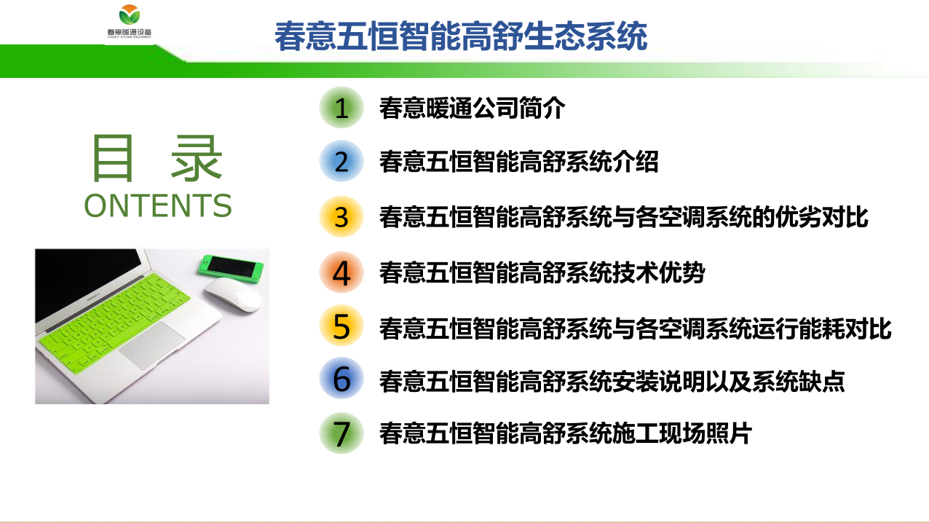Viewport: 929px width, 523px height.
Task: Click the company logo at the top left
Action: [x=130, y=22]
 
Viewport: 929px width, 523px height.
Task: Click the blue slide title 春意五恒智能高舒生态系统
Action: [x=461, y=36]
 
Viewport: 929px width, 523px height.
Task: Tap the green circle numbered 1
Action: [x=341, y=108]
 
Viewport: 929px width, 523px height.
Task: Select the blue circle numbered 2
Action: [x=341, y=161]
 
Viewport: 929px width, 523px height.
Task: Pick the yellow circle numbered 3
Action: [x=341, y=216]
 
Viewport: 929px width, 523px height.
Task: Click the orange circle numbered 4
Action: [x=341, y=272]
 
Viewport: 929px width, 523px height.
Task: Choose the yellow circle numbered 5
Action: [x=341, y=326]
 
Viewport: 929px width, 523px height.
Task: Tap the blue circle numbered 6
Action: [x=341, y=378]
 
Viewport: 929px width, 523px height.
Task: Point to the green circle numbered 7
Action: [x=341, y=433]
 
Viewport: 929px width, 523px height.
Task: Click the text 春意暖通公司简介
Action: [x=472, y=108]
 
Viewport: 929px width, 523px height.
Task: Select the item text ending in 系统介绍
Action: [x=518, y=162]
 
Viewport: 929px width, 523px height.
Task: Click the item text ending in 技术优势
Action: [x=542, y=272]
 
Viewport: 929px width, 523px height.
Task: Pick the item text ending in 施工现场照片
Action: [x=565, y=433]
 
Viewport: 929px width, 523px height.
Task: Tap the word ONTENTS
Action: [x=157, y=205]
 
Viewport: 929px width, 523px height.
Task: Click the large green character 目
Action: [x=113, y=158]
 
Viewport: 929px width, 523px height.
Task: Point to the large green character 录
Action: [x=196, y=158]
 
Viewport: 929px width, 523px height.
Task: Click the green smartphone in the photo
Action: [x=231, y=268]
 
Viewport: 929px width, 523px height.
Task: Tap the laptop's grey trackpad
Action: [x=151, y=345]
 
